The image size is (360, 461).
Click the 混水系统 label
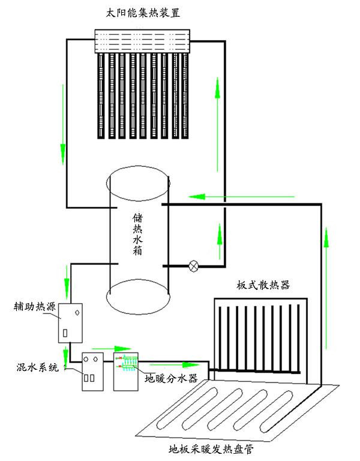tap(37, 367)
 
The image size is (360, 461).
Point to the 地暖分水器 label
tap(172, 379)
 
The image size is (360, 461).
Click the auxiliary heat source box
tap(70, 322)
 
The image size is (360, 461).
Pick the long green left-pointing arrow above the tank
tap(240, 196)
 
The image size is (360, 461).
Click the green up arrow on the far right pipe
tap(327, 288)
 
